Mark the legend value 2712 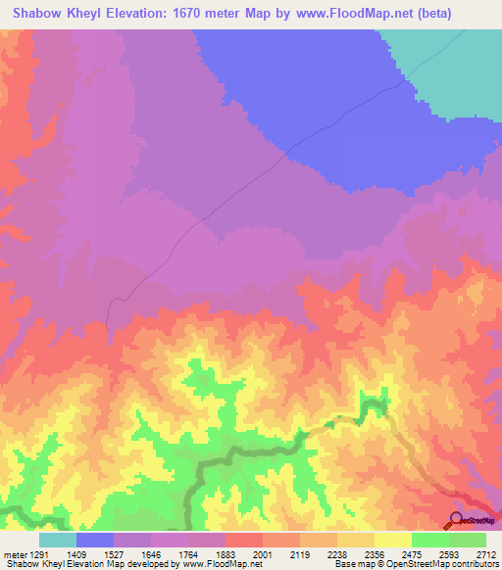(x=485, y=554)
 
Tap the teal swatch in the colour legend (x=58, y=540)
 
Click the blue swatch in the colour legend (x=95, y=540)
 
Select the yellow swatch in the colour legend (x=393, y=540)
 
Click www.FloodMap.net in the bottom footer (x=211, y=565)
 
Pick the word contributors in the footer (x=475, y=565)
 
